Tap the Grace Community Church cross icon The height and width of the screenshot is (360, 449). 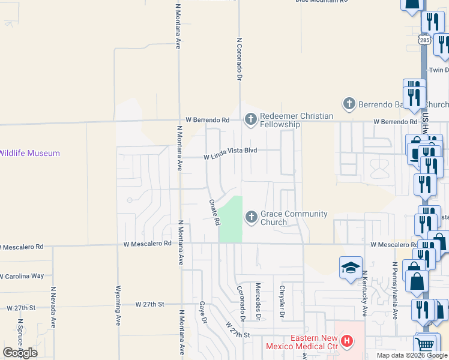250,216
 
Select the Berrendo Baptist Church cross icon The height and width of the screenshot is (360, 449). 349,104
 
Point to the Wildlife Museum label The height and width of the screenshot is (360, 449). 30,154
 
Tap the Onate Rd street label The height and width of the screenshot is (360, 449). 213,212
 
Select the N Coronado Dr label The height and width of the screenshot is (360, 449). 239,60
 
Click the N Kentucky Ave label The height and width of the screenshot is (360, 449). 364,294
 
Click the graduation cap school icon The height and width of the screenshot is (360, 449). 351,268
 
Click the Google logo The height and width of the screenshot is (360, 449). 20,352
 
